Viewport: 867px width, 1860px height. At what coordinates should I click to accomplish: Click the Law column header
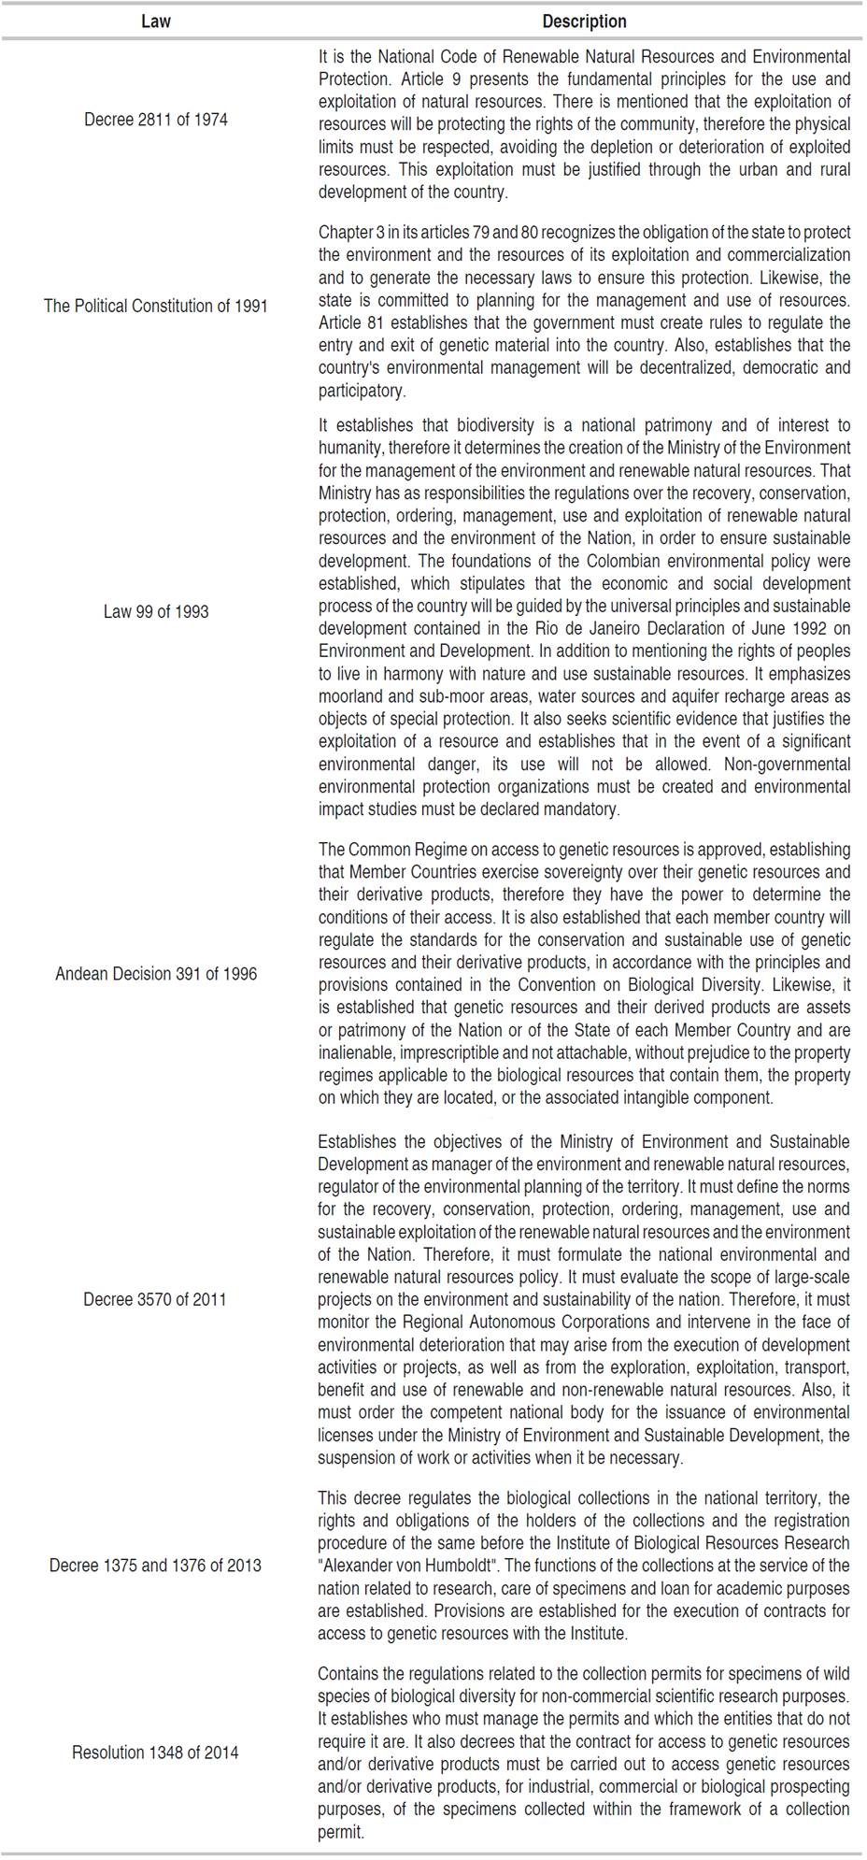(155, 21)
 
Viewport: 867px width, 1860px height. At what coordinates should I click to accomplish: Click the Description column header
(584, 21)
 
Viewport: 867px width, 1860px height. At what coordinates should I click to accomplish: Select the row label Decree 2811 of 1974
(155, 120)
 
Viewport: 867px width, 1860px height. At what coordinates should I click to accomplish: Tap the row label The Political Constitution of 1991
(155, 306)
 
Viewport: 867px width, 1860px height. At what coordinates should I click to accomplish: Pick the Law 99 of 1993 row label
(155, 611)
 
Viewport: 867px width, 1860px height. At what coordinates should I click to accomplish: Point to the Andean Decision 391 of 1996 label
(155, 973)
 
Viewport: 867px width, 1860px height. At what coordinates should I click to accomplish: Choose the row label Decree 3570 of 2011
(155, 1298)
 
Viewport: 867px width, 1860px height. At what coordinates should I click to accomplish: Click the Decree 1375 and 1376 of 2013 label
(155, 1565)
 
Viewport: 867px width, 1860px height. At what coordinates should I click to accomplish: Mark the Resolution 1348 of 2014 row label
(155, 1752)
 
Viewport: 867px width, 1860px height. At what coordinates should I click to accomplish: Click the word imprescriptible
(446, 1052)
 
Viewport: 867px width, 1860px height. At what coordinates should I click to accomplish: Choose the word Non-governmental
(790, 764)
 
